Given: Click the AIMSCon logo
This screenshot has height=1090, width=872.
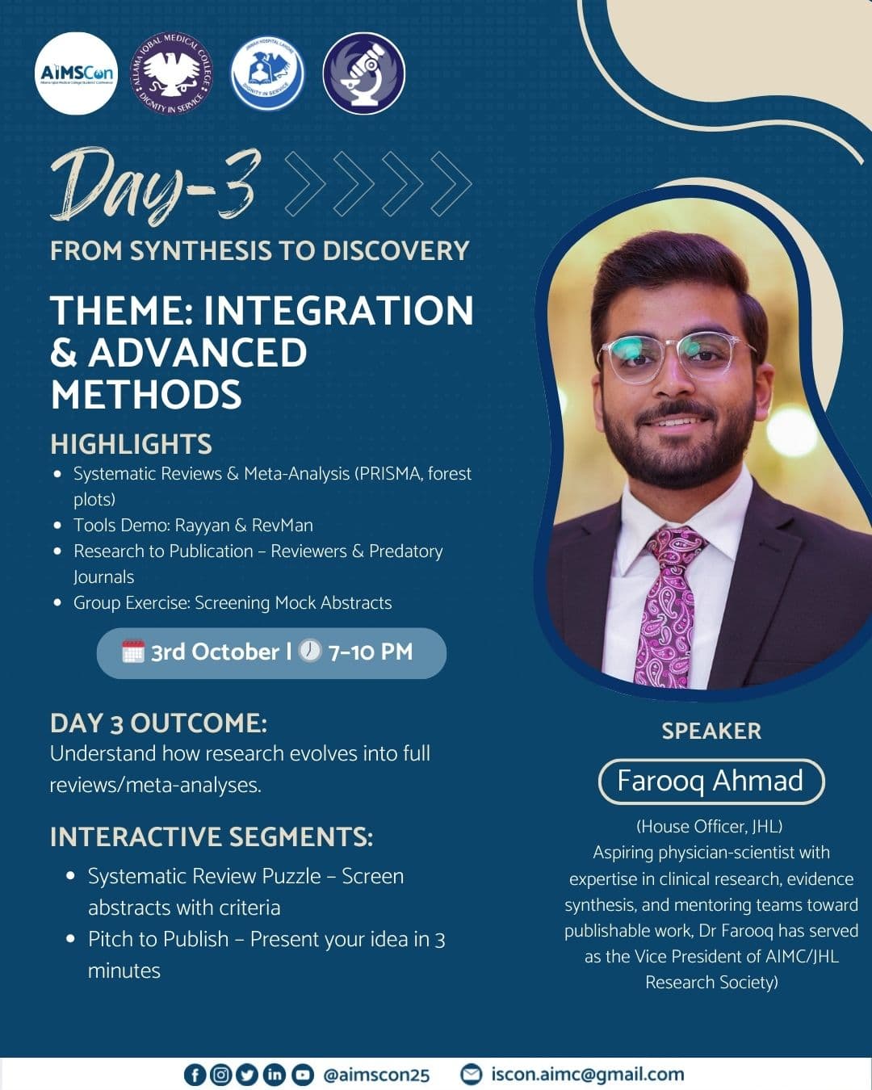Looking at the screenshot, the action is pos(77,73).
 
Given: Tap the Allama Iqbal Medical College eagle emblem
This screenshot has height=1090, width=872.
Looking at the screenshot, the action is pos(172,73).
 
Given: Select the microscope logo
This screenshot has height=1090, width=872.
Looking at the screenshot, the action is pos(364,73).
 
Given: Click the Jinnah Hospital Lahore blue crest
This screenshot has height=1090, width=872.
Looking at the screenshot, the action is pos(267,73).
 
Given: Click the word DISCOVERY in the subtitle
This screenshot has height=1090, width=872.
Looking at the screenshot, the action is pos(396,251).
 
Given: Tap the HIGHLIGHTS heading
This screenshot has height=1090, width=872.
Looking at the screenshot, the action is pos(132,444).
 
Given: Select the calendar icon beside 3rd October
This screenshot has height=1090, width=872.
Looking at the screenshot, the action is pos(133,652).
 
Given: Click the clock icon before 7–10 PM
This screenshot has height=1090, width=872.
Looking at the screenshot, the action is pos(309,650).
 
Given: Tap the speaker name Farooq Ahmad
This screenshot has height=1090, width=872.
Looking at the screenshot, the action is pos(711,781).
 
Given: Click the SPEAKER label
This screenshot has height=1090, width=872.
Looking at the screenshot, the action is pos(711,731).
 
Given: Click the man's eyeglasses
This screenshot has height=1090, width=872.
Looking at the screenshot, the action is pos(677,357).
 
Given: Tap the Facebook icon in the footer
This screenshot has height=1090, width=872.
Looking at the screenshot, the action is pos(195,1075).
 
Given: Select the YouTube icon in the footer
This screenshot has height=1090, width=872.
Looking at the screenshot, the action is pos(303,1075).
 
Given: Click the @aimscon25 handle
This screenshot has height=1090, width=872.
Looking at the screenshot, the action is pos(376,1075).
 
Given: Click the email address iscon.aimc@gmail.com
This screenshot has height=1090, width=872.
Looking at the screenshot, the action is pos(588,1075).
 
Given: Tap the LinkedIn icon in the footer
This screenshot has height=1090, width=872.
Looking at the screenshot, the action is pos(275,1075).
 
